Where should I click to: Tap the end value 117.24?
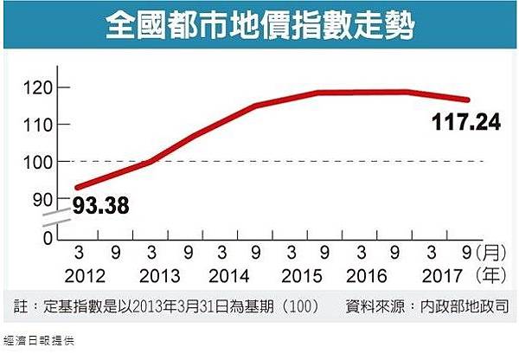coord(465,124)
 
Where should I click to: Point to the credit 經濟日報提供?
coord(40,341)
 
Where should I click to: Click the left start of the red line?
coord(78,187)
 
